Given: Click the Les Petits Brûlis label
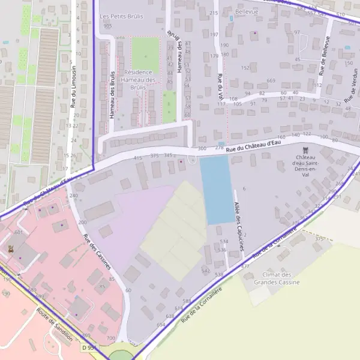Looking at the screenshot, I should (x=121, y=16).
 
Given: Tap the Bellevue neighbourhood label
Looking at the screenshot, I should (x=247, y=11).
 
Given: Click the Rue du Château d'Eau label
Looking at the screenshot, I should (x=254, y=145).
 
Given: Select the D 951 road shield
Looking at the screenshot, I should (x=88, y=347).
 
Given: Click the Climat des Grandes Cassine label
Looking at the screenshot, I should (x=273, y=278).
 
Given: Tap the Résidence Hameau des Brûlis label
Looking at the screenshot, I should (x=138, y=79).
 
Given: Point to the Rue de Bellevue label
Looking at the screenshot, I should (x=325, y=56).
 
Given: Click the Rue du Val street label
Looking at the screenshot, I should (x=221, y=87).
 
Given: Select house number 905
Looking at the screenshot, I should (x=107, y=26).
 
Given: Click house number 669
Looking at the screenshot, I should (x=271, y=80).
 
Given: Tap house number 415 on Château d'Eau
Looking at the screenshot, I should (x=138, y=158).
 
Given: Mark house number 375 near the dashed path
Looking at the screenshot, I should (x=319, y=239).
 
